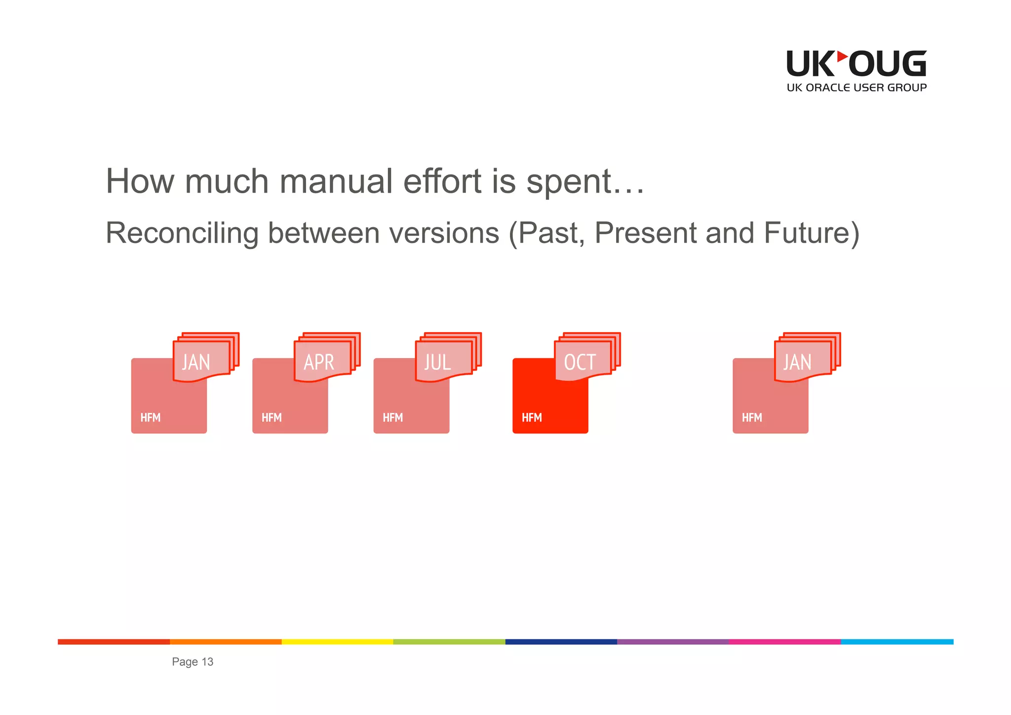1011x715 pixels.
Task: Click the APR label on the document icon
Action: (x=319, y=362)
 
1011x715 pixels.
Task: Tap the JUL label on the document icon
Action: (x=437, y=362)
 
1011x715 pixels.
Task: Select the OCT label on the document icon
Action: (x=580, y=362)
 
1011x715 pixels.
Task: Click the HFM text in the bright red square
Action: (x=532, y=418)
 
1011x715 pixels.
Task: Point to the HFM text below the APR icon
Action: (x=272, y=418)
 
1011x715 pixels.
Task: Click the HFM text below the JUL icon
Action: (x=392, y=418)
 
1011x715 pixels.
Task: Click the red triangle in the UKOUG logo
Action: (x=842, y=57)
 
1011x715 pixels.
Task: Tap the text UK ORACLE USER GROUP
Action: (x=856, y=88)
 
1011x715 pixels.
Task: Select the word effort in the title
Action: (x=442, y=181)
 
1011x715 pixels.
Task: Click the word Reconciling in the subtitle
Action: (x=182, y=233)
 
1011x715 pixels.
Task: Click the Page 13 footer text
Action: (x=193, y=662)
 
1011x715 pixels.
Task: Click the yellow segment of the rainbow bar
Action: (x=337, y=642)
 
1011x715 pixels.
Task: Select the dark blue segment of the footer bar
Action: (x=561, y=642)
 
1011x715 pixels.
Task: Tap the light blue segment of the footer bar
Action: (x=897, y=642)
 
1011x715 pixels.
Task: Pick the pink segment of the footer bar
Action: (x=785, y=642)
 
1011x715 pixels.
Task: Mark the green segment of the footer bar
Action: (x=449, y=642)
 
